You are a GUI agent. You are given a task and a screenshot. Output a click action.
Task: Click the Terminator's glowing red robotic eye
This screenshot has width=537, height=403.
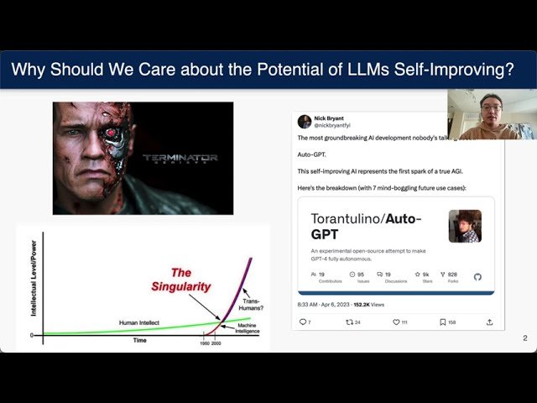coord(116,143)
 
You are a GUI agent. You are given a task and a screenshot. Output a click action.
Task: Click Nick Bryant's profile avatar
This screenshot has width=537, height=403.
coord(305,122)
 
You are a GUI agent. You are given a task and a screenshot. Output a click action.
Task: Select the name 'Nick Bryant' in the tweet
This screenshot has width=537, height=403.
coord(330,118)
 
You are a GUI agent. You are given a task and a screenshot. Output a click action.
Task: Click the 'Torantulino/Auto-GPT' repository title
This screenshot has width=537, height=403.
coord(366,228)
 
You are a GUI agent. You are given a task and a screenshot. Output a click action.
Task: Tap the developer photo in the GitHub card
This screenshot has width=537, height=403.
coord(464,226)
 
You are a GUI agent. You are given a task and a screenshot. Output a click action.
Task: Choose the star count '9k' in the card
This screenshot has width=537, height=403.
coord(425,274)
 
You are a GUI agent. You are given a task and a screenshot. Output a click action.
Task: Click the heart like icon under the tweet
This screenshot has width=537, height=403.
coord(396,322)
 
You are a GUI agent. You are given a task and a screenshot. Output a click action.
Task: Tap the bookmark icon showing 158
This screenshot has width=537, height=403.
coord(442,322)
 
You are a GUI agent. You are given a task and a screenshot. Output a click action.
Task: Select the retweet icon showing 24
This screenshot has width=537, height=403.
coord(349,322)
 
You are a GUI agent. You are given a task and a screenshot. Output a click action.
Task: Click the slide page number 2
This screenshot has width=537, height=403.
coord(524,338)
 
